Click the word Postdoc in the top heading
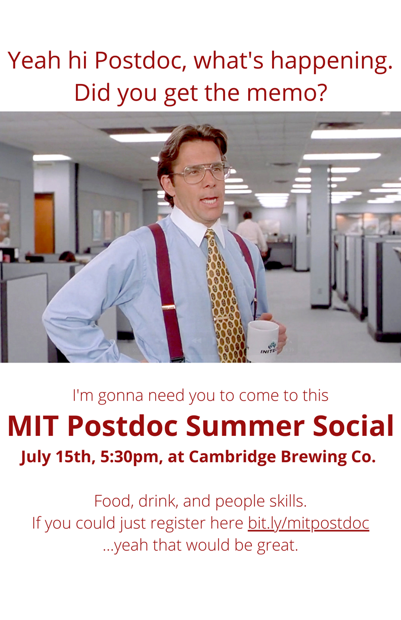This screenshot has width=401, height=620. coord(140,60)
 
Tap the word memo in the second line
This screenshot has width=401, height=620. coord(286,93)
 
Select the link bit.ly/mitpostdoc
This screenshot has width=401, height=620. coord(308,523)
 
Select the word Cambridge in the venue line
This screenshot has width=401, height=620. coord(232,457)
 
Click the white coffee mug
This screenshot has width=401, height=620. coord(262,340)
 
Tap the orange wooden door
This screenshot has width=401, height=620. coord(44,223)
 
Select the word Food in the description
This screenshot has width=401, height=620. coord(113,501)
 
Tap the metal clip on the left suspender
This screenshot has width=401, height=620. coord(168,307)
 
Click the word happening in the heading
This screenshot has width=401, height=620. coord(331,62)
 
